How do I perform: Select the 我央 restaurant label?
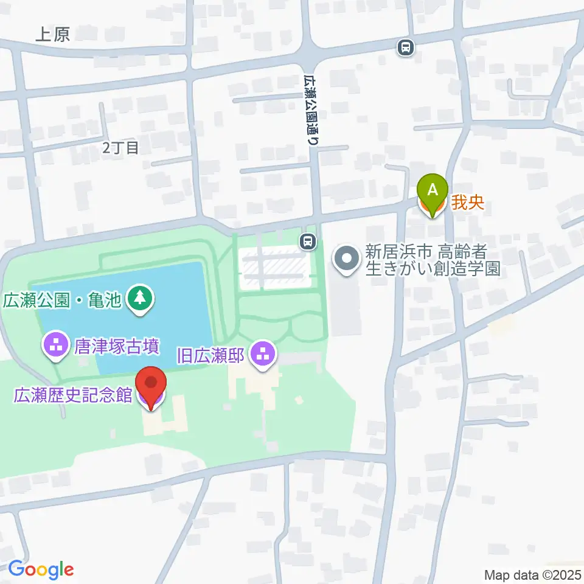[468, 203]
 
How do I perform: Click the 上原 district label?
[52, 35]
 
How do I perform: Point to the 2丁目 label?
[120, 147]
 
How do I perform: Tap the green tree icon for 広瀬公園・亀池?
[141, 298]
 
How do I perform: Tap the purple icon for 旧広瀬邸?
[263, 353]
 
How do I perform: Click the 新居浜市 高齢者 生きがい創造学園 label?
[433, 260]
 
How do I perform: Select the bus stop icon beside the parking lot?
[308, 242]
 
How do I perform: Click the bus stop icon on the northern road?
[405, 47]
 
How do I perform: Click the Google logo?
[41, 569]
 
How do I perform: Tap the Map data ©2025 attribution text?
[532, 574]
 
